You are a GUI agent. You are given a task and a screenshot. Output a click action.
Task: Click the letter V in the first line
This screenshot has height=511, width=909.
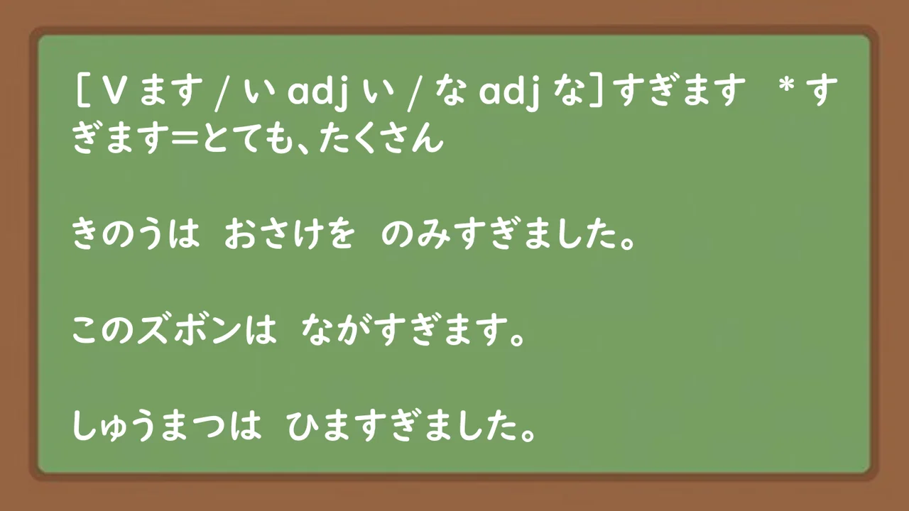coord(109,91)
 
